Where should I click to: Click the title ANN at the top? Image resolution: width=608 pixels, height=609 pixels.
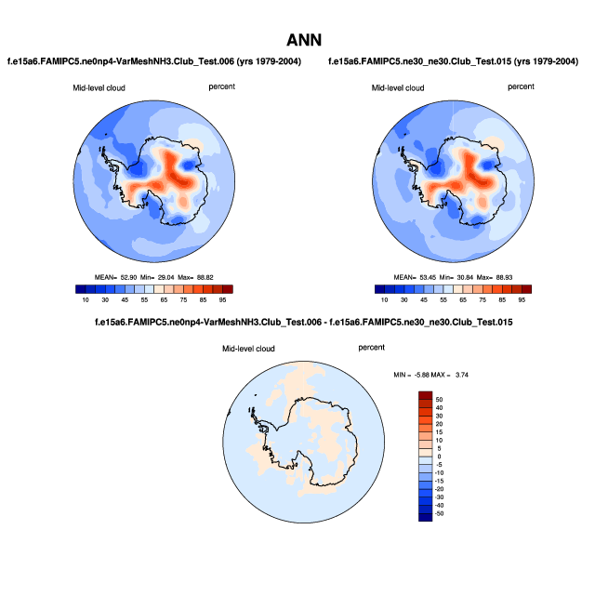304,40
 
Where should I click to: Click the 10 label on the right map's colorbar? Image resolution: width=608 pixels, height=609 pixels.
381,300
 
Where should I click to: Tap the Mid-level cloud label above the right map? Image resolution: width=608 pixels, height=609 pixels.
399,87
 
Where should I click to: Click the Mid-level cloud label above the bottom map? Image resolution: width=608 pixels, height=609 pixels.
248,349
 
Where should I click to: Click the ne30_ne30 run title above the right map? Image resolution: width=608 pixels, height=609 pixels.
454,61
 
